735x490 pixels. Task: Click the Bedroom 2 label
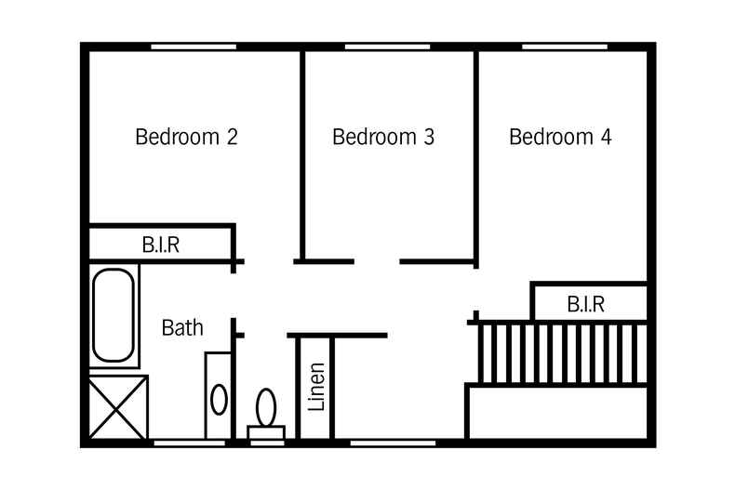click(x=187, y=137)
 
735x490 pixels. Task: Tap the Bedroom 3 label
click(x=383, y=137)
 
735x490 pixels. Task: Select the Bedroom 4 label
click(x=561, y=137)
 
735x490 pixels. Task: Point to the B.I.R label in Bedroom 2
click(x=161, y=245)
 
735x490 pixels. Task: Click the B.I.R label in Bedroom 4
click(x=586, y=304)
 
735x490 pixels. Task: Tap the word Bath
click(x=182, y=327)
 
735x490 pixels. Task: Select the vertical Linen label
click(x=316, y=387)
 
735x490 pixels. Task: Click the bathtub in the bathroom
click(x=114, y=315)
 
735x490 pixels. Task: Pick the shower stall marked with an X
click(x=118, y=406)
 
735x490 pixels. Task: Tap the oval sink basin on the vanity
click(x=219, y=400)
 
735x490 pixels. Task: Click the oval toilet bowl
click(x=266, y=407)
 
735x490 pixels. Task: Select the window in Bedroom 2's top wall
click(x=194, y=46)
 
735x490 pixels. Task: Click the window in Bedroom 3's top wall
click(x=388, y=46)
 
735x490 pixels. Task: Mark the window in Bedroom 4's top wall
click(x=565, y=46)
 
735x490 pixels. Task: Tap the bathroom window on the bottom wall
click(x=190, y=443)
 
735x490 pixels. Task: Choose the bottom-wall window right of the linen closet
click(x=393, y=443)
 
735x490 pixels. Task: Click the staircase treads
click(x=563, y=353)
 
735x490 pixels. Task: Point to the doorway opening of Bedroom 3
click(x=377, y=261)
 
